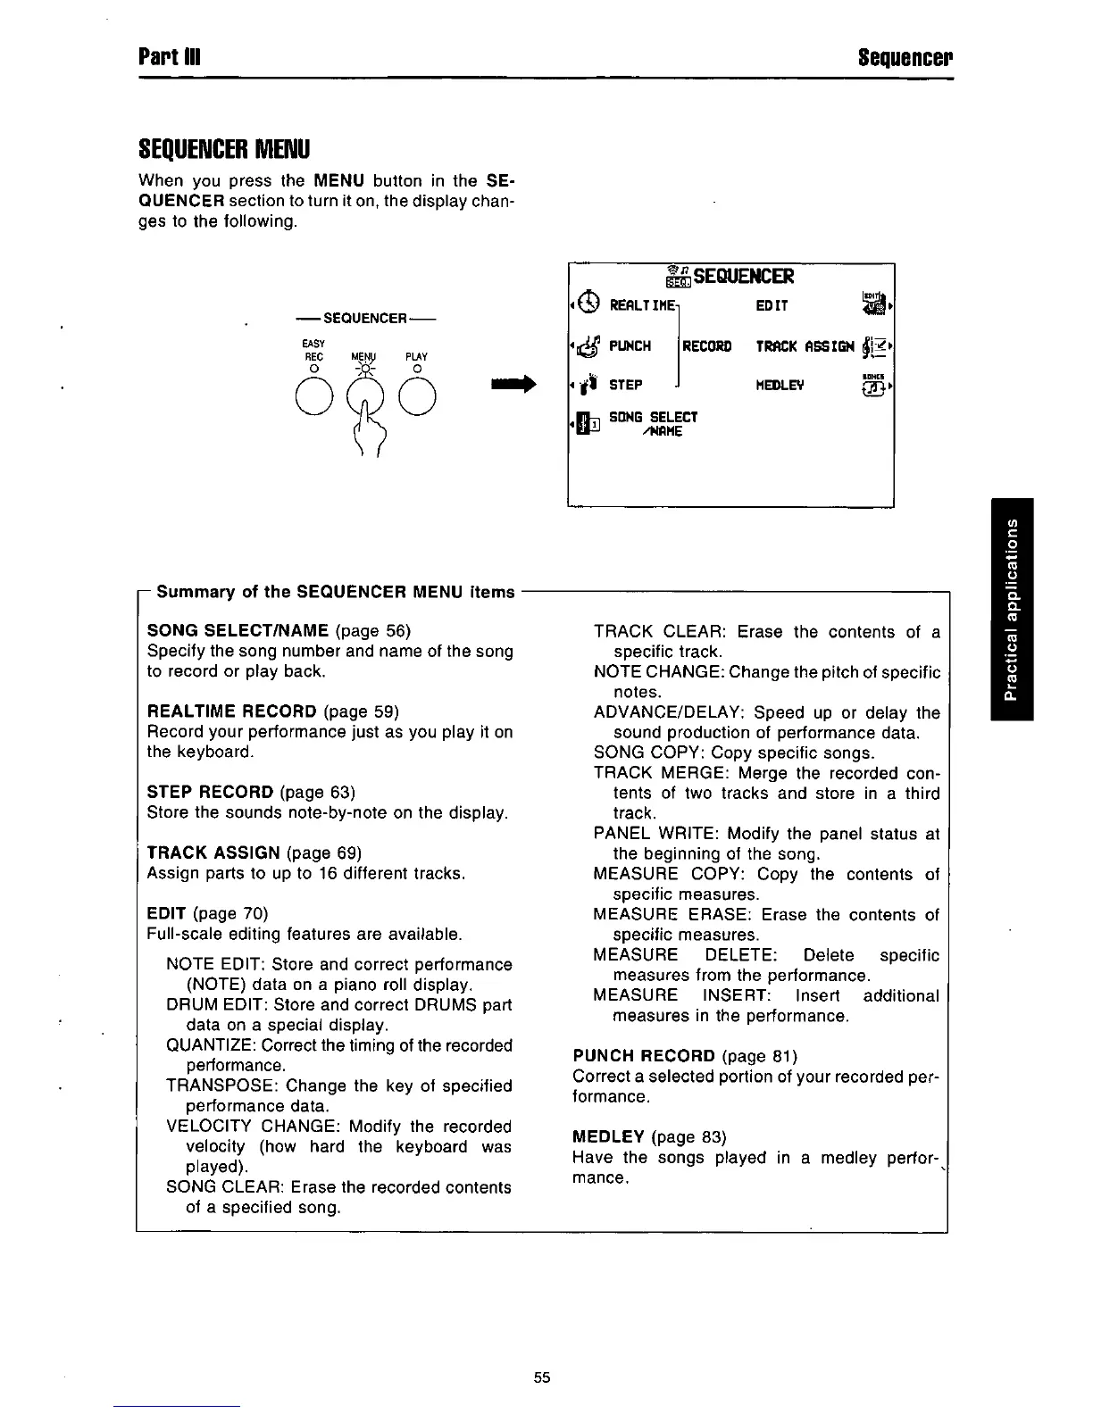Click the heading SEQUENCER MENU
222,146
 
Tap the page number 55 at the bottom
542,1377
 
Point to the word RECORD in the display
706,346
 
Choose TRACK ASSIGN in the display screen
805,346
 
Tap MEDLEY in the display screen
780,385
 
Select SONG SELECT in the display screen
653,417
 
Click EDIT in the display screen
772,305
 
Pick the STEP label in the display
625,386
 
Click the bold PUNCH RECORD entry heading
644,1056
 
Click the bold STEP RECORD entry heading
210,793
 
